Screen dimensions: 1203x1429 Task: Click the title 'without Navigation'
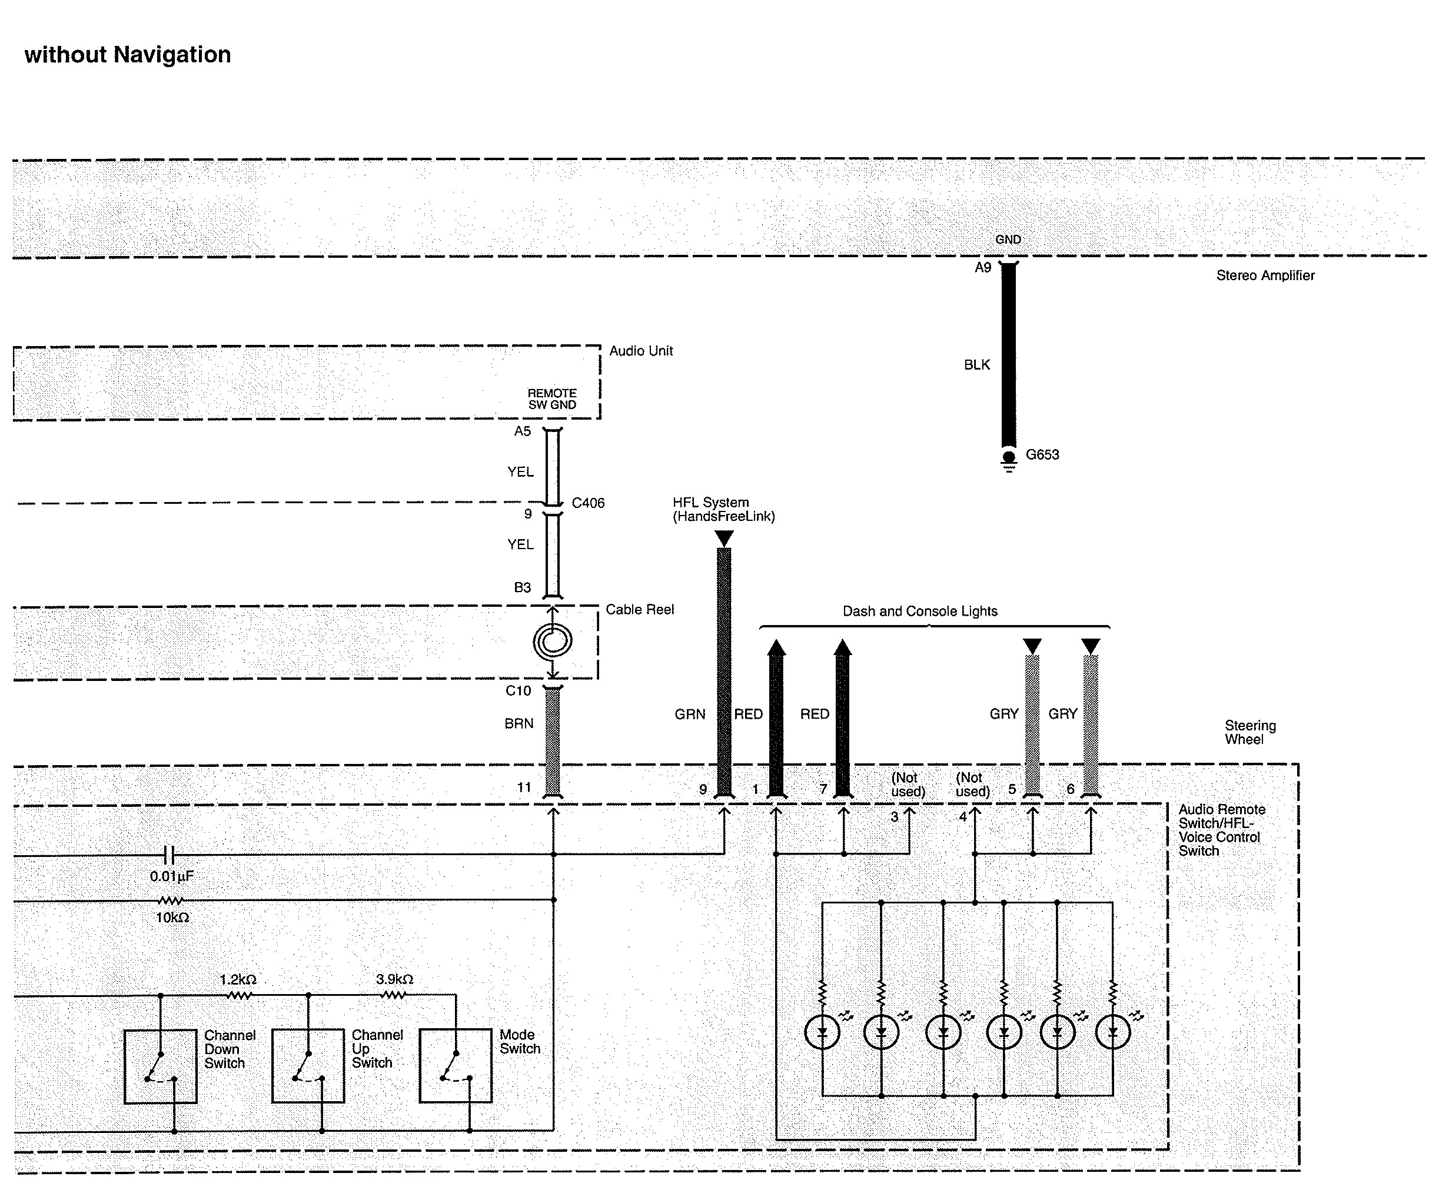tap(128, 55)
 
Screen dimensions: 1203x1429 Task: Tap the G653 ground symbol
tap(1009, 458)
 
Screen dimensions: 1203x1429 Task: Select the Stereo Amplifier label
tap(1265, 275)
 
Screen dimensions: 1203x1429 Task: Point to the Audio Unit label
tap(640, 351)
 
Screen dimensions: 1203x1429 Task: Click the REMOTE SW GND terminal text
tap(552, 399)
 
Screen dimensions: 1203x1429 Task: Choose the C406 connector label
tap(587, 503)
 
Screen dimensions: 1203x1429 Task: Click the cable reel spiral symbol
tap(553, 640)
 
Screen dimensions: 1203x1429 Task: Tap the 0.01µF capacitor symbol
tap(171, 854)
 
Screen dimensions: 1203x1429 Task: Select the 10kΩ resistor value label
tap(172, 918)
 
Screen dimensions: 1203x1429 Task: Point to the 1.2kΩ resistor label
tap(238, 980)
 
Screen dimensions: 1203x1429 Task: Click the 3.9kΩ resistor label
tap(394, 979)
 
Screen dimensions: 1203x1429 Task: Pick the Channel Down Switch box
tap(160, 1066)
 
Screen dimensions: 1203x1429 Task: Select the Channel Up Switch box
tap(308, 1066)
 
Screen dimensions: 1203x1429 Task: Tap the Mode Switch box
tap(455, 1066)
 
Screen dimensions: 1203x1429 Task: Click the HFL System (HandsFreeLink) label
tap(724, 510)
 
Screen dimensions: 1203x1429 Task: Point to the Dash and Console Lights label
tap(919, 612)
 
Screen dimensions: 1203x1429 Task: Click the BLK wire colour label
tap(977, 365)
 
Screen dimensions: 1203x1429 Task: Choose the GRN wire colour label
tap(690, 714)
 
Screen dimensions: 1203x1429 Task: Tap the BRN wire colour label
tap(519, 723)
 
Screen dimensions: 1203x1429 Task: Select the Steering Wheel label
tap(1249, 732)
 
